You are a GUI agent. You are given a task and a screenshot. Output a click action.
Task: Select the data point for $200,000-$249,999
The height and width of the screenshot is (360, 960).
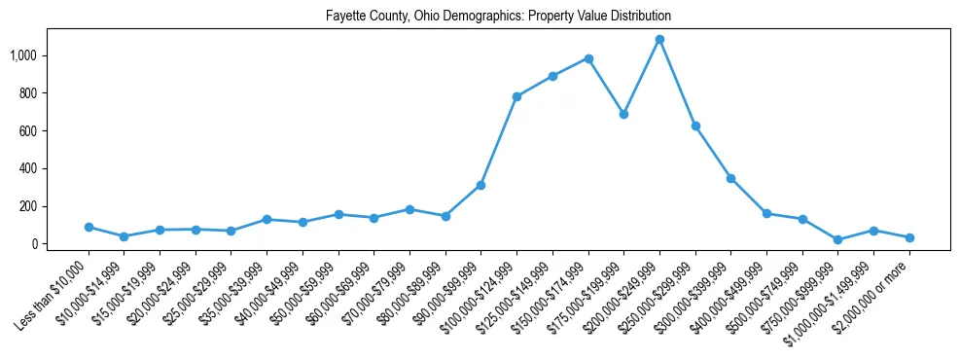click(659, 40)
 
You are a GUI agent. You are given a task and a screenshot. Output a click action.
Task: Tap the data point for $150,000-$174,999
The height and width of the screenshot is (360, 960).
click(588, 58)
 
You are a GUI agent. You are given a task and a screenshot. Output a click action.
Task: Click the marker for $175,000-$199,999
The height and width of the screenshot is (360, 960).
click(623, 114)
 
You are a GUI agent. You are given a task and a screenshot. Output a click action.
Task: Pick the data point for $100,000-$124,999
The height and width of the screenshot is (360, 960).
click(516, 96)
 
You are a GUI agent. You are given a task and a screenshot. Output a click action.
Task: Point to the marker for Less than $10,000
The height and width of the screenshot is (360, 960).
click(89, 227)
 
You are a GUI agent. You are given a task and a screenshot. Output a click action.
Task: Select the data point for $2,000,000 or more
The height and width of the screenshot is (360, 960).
click(909, 237)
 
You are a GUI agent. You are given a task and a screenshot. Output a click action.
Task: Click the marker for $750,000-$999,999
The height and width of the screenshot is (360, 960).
click(838, 239)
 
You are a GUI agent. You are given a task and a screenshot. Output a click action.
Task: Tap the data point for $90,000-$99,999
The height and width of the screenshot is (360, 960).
click(480, 185)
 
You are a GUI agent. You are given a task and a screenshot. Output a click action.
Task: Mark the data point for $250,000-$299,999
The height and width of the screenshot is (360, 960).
click(695, 126)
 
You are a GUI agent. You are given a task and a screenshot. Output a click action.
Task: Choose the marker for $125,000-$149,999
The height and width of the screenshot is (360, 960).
click(552, 76)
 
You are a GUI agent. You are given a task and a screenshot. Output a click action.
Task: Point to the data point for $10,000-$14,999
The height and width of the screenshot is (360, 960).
click(124, 236)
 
